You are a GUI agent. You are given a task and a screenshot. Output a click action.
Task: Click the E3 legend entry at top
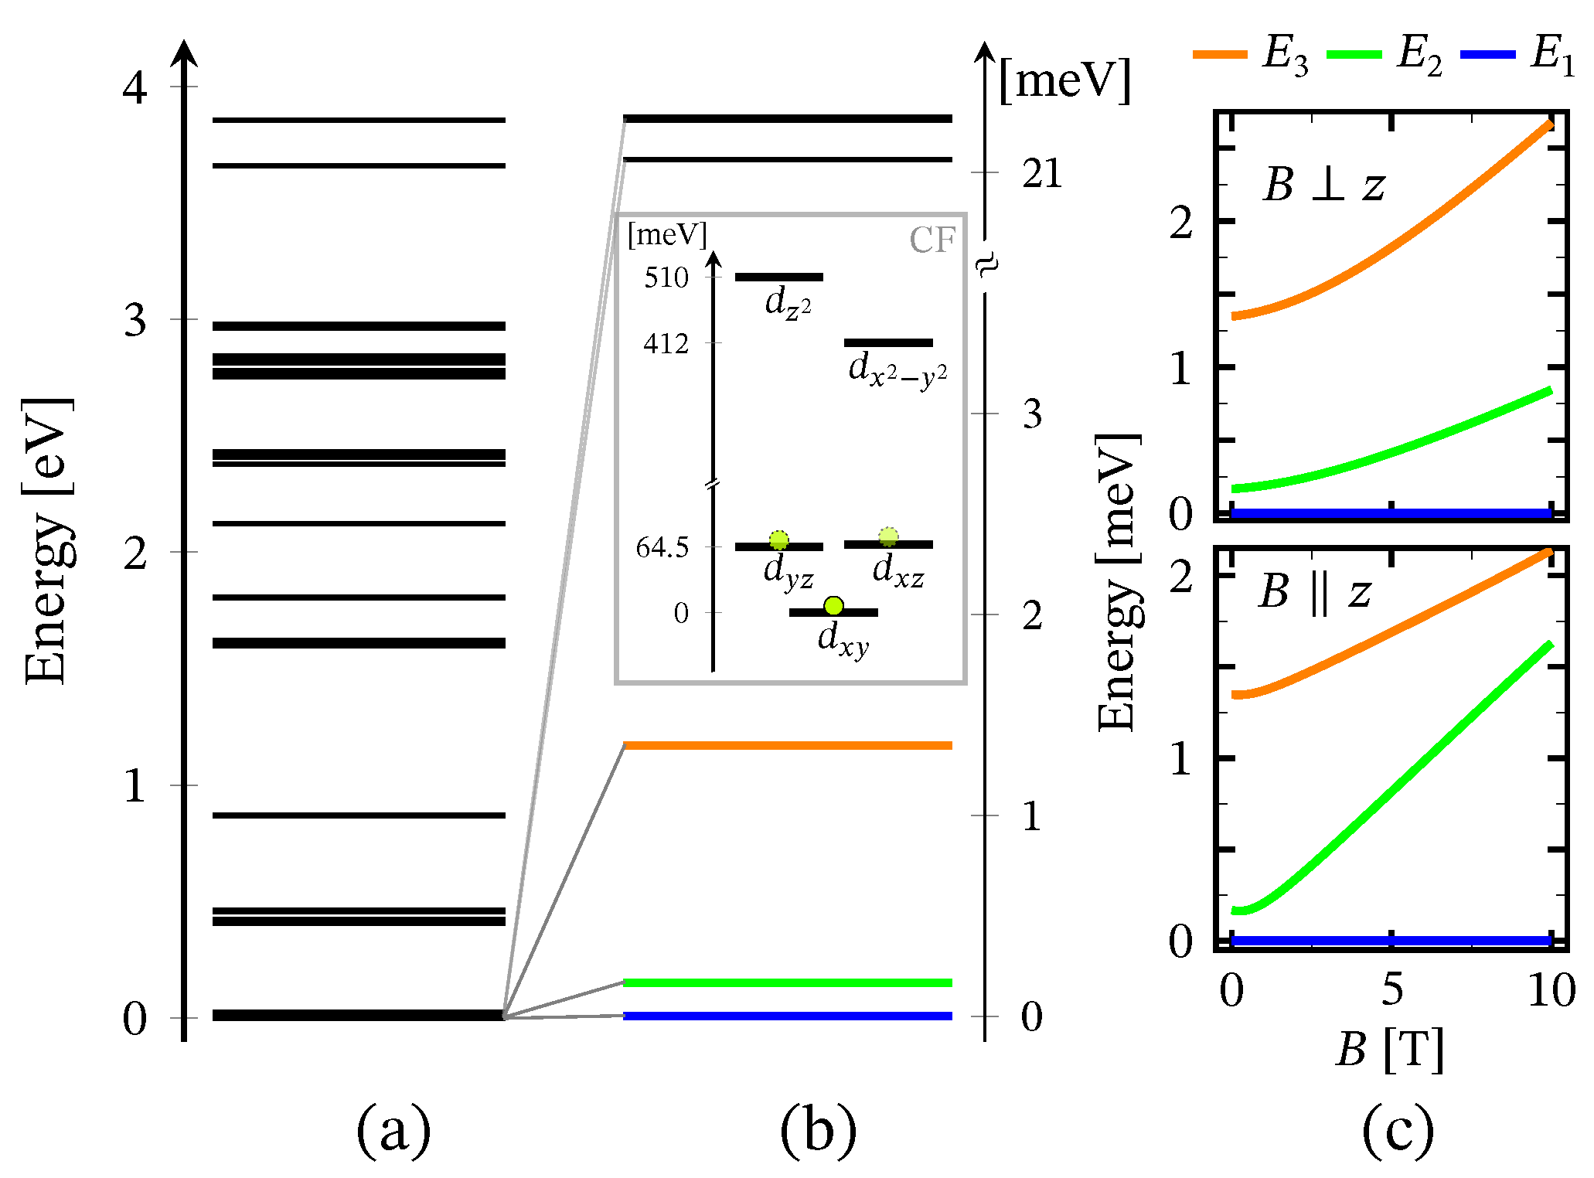click(1252, 55)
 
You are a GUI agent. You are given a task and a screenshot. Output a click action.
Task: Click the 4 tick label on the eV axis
click(135, 87)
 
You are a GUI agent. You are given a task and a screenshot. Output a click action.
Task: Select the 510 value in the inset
click(666, 277)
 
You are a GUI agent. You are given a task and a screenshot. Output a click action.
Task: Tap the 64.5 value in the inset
click(662, 547)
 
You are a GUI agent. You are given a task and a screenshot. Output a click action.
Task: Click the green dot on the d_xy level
click(833, 605)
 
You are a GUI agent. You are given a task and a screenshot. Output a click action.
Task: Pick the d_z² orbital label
click(788, 302)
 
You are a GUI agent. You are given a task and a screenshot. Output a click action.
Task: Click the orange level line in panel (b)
click(787, 745)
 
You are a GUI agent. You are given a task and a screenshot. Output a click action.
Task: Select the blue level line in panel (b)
click(787, 1016)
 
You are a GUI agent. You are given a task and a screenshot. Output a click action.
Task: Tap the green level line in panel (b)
click(787, 982)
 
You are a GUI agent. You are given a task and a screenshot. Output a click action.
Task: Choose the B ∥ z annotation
click(1314, 592)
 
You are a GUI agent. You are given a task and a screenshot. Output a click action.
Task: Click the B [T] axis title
click(1389, 1050)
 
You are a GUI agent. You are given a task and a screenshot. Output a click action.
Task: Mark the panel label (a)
click(393, 1129)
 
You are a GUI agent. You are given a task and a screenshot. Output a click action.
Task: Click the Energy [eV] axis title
click(48, 541)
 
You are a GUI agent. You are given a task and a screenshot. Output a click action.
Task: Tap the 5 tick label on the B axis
click(1392, 990)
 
